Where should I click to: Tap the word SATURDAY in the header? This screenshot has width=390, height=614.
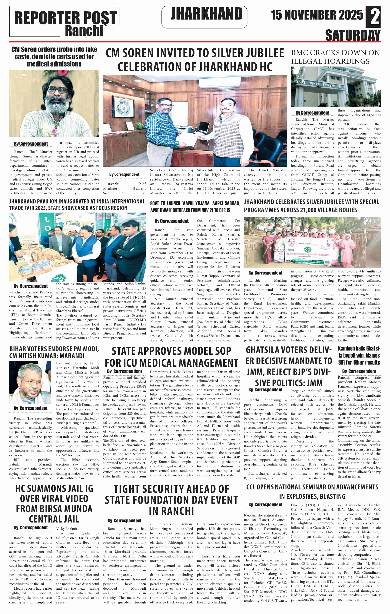click(x=353, y=35)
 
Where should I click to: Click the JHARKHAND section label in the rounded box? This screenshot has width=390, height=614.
click(x=206, y=14)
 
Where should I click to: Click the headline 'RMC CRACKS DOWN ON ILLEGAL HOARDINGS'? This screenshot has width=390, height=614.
click(x=335, y=57)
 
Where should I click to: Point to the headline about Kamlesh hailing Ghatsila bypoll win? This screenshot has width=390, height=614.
click(x=359, y=355)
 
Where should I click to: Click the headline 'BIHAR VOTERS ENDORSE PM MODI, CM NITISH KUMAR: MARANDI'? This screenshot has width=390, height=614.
click(x=54, y=352)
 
